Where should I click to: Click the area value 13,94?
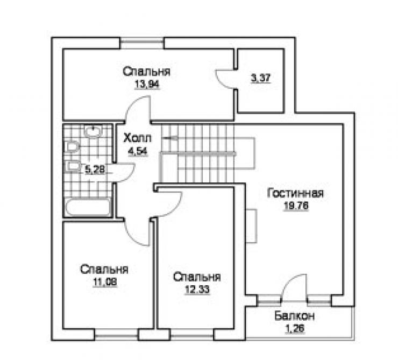[x=147, y=84]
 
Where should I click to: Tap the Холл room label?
[x=138, y=138]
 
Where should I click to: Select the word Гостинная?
[x=296, y=193]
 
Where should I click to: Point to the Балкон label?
[x=294, y=316]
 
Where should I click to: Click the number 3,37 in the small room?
[x=261, y=79]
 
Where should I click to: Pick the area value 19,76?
[x=296, y=206]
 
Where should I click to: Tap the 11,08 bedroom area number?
[x=105, y=282]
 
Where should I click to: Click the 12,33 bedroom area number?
[x=197, y=290]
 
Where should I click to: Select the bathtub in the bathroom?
[x=88, y=207]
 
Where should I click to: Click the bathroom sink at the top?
[x=93, y=131]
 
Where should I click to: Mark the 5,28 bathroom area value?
[x=95, y=170]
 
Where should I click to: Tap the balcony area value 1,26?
[x=295, y=329]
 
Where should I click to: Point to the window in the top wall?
[x=142, y=43]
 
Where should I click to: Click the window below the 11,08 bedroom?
[x=116, y=335]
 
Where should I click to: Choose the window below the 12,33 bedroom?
[x=191, y=335]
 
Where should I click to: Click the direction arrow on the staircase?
[x=170, y=138]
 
